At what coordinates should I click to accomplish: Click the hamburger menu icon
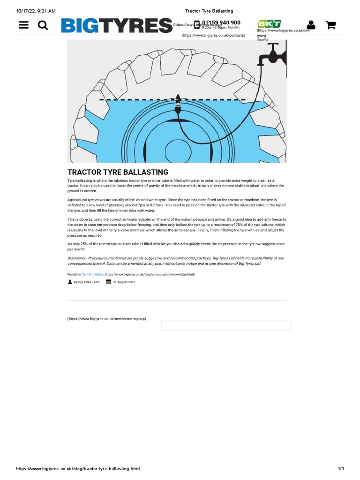click(x=24, y=25)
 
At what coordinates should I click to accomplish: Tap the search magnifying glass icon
click(x=43, y=25)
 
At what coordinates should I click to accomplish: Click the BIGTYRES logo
click(x=116, y=25)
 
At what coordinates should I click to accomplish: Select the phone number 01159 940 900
click(x=221, y=22)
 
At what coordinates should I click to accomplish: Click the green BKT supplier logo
click(x=269, y=24)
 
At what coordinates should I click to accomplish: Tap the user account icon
click(x=311, y=25)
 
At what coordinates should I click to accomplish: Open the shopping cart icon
click(x=330, y=25)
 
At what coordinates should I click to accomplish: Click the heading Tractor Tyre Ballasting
click(x=118, y=172)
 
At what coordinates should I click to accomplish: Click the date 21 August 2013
click(x=124, y=282)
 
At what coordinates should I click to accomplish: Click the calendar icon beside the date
click(x=108, y=282)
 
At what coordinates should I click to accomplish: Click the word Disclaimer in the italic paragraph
click(x=78, y=258)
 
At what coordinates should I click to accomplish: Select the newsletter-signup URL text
click(x=106, y=319)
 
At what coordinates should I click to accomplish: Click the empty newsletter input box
click(x=226, y=325)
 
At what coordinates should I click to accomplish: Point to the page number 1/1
click(x=341, y=469)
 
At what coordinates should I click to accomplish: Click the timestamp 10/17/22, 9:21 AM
click(x=36, y=11)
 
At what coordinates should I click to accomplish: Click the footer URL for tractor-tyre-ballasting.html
click(x=78, y=469)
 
